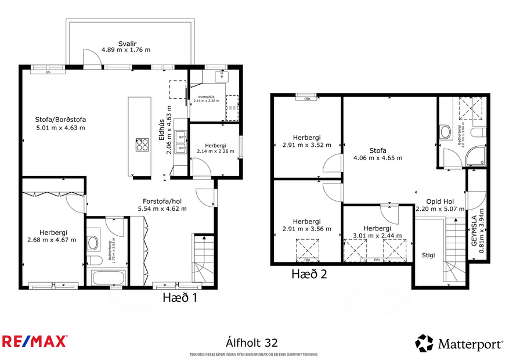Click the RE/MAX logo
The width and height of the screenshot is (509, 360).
35,341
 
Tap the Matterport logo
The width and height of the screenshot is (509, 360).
459,343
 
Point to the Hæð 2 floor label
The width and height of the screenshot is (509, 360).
309,274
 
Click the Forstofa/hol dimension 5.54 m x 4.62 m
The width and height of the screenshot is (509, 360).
162,208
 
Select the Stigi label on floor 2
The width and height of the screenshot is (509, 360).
428,255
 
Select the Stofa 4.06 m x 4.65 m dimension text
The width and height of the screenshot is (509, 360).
378,157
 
